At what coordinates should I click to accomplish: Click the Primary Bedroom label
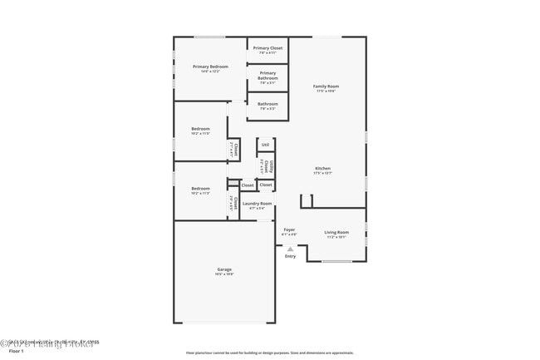209,67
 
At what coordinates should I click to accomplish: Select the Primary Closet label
268,48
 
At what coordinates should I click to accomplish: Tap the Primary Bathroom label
268,76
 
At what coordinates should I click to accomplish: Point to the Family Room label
326,86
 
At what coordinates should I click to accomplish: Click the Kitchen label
322,168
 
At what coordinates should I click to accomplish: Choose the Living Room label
336,232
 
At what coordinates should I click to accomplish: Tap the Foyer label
289,229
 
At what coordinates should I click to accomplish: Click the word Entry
290,256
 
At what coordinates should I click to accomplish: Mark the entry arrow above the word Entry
290,248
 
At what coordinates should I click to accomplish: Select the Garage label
224,269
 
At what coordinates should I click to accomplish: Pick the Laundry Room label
257,203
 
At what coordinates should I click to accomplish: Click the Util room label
265,145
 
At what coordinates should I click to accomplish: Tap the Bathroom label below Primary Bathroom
268,104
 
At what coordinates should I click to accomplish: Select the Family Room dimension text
326,91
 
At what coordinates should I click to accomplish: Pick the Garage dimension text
224,274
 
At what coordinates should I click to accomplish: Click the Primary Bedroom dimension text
209,72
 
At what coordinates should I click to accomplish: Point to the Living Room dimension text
336,237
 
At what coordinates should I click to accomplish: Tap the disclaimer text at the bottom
269,353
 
